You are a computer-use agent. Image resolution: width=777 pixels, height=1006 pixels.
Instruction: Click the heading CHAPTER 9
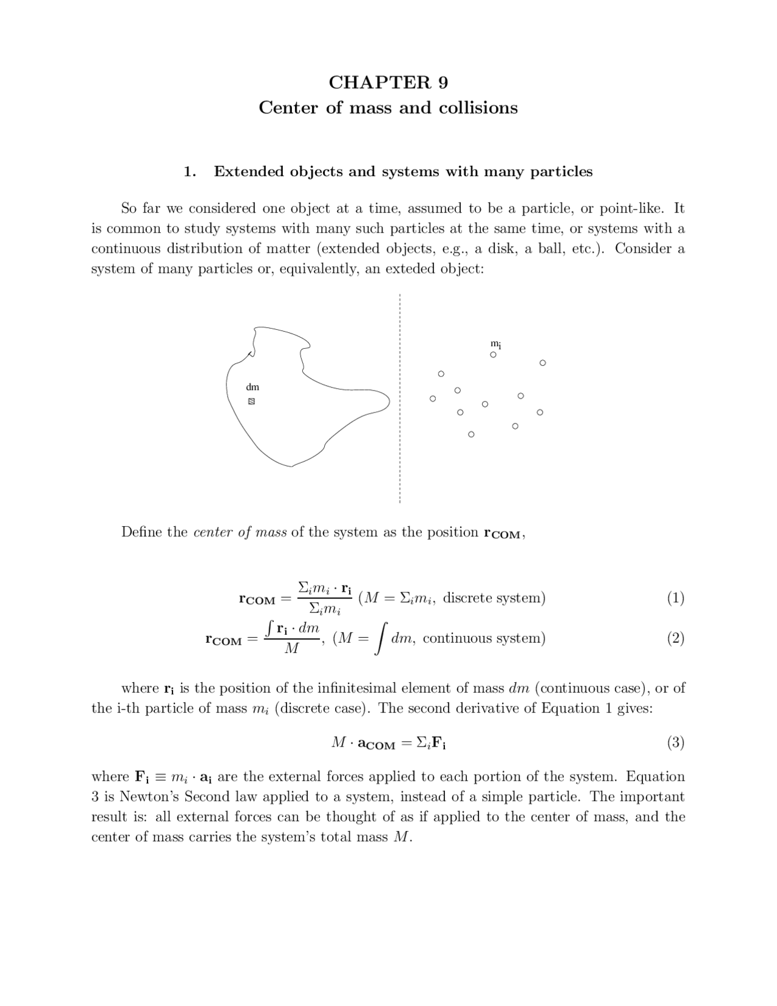pyautogui.click(x=388, y=82)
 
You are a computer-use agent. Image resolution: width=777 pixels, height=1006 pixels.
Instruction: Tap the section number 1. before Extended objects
pyautogui.click(x=189, y=172)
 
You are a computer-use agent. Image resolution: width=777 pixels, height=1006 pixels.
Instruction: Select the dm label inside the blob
pyautogui.click(x=253, y=387)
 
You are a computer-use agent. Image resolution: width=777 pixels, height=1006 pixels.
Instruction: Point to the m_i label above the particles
pyautogui.click(x=495, y=344)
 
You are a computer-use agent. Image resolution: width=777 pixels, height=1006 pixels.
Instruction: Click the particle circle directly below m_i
pyautogui.click(x=493, y=355)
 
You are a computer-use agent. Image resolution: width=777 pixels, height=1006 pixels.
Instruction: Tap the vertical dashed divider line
pyautogui.click(x=399, y=425)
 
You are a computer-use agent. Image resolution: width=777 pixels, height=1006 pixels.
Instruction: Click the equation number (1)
pyautogui.click(x=675, y=598)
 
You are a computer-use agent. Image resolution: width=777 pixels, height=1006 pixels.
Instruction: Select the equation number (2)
pyautogui.click(x=675, y=638)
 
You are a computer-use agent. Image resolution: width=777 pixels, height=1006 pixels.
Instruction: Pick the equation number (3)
pyautogui.click(x=675, y=742)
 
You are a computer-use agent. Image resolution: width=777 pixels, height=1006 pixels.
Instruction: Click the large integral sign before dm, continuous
pyautogui.click(x=381, y=640)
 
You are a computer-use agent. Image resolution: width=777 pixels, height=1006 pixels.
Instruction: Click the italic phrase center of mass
pyautogui.click(x=240, y=532)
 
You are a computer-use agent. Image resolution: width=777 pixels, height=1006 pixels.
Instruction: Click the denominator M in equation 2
pyautogui.click(x=292, y=649)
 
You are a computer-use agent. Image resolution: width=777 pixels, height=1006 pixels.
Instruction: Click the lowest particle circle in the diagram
pyautogui.click(x=471, y=434)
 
